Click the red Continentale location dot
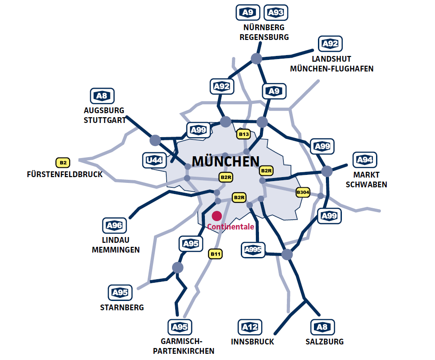tap(217, 216)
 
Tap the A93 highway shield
tap(276, 13)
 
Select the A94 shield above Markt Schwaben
tap(364, 160)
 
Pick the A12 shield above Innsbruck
tap(250, 328)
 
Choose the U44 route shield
tap(154, 160)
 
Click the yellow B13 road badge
tap(244, 134)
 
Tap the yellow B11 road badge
tap(216, 254)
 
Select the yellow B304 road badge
tap(303, 192)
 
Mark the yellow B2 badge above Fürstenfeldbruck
tap(63, 162)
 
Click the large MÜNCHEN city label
tap(226, 161)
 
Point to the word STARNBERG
tap(122, 307)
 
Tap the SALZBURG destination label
tap(325, 342)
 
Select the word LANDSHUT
tap(331, 59)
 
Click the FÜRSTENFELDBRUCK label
tap(65, 174)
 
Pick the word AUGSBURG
tap(104, 110)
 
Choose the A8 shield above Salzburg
tap(322, 328)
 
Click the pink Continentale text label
tap(231, 227)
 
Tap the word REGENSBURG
tap(264, 37)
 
